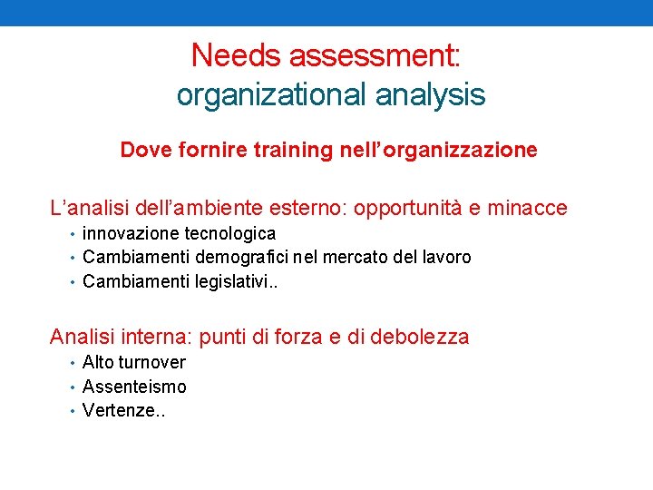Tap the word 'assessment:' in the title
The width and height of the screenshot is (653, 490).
tap(375, 56)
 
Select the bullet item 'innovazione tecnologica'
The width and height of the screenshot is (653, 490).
tap(179, 234)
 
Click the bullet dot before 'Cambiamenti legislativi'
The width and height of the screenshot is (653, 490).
tap(72, 281)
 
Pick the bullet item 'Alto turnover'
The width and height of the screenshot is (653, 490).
tap(134, 363)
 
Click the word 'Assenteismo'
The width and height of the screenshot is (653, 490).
tap(134, 387)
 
